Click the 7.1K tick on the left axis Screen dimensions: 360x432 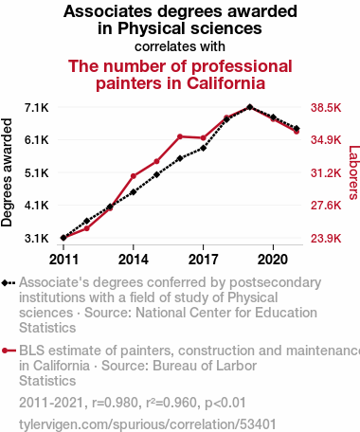37,108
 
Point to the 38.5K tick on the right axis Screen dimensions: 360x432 326,108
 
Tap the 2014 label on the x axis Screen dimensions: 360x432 134,260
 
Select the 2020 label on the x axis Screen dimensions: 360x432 273,260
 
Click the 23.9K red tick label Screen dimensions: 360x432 326,238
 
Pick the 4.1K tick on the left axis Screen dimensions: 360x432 37,206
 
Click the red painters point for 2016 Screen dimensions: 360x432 180,136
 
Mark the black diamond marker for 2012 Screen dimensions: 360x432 87,221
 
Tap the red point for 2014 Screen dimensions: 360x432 134,176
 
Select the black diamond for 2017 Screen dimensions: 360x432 204,148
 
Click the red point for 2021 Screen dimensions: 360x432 297,132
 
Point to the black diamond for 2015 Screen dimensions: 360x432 156,174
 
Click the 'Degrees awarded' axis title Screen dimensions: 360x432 7,172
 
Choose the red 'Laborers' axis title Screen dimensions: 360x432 353,172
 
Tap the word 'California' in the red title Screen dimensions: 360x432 225,83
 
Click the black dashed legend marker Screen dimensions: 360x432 9,283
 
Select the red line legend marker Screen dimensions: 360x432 9,351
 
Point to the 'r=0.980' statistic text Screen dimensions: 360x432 116,403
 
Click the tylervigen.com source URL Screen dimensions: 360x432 148,424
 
